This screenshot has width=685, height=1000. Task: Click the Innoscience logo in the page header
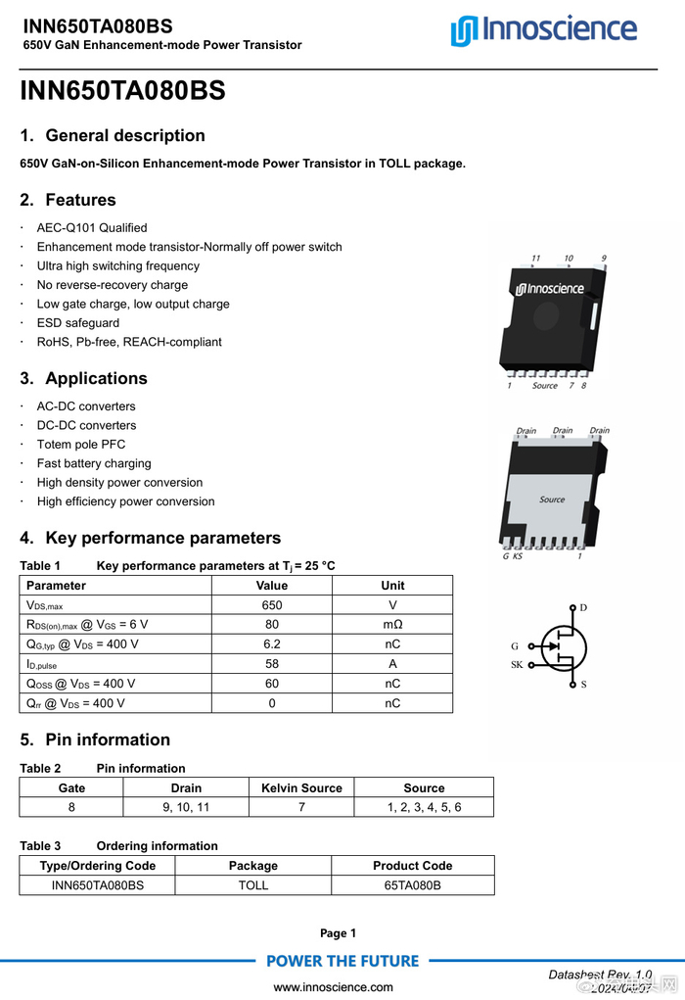click(x=543, y=30)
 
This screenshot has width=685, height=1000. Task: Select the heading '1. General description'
click(x=113, y=136)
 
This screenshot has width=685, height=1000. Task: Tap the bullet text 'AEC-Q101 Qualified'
click(x=92, y=228)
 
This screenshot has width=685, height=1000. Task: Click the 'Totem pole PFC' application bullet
click(x=81, y=445)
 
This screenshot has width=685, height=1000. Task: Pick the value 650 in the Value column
click(x=271, y=605)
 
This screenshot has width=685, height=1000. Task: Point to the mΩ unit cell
click(x=392, y=625)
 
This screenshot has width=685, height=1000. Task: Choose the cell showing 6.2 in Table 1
click(x=271, y=644)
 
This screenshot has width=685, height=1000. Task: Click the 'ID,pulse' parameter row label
click(x=42, y=664)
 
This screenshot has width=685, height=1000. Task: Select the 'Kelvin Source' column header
click(x=301, y=787)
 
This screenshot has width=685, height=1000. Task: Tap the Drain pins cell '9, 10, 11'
click(x=186, y=807)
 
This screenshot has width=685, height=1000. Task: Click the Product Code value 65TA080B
click(x=412, y=884)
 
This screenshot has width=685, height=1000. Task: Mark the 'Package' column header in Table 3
click(x=252, y=866)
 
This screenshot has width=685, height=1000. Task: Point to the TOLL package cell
click(x=252, y=884)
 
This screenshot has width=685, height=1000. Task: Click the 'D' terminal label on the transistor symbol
click(x=583, y=607)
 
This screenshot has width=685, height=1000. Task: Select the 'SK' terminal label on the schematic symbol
click(x=516, y=665)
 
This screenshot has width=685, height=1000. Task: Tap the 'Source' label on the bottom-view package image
click(x=552, y=500)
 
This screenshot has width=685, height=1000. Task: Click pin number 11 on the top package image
click(x=535, y=259)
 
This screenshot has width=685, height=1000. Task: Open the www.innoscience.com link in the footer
click(x=333, y=987)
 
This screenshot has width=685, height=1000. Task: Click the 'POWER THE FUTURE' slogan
click(x=342, y=961)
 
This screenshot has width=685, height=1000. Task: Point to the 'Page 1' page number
click(x=339, y=933)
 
